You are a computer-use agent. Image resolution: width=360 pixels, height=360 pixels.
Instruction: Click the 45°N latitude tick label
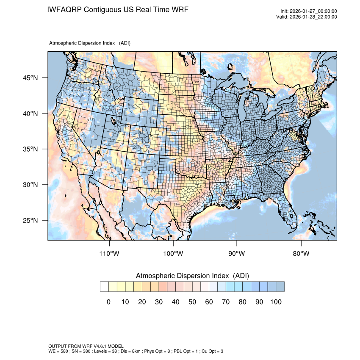(30, 78)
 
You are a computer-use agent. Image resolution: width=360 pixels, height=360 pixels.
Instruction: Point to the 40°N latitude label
(30, 114)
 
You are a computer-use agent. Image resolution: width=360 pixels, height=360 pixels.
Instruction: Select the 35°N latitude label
(30, 149)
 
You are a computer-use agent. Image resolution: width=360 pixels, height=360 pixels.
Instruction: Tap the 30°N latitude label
(30, 185)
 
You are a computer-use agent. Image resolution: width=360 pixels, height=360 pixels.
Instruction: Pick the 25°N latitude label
(30, 220)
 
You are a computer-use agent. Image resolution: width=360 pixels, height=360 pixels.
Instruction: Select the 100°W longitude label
(173, 254)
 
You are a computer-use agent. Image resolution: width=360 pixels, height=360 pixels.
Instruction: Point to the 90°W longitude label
(237, 254)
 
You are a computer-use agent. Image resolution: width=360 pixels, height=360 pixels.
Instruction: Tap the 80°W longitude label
(301, 254)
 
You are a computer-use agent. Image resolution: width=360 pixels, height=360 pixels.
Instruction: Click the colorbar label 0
(108, 302)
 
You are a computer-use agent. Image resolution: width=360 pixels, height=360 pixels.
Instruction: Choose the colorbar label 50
(192, 302)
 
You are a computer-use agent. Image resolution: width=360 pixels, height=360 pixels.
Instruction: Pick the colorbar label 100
(276, 302)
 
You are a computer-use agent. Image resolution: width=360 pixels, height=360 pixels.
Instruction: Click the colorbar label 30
(159, 302)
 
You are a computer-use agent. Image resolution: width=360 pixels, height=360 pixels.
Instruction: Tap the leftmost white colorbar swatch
(104, 287)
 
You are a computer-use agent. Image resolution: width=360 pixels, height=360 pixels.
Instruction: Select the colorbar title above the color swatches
(192, 276)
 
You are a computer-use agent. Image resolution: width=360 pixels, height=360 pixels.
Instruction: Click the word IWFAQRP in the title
(64, 9)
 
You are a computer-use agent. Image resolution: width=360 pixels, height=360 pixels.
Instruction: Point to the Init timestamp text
(309, 11)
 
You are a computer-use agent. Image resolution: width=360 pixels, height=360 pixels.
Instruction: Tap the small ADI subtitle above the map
(90, 43)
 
